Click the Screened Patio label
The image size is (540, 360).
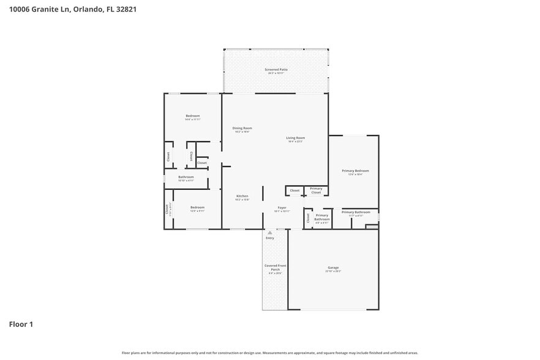(x=276, y=70)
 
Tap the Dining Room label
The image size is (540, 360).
(x=242, y=129)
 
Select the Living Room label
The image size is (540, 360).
(x=296, y=138)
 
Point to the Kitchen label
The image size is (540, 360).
(x=242, y=197)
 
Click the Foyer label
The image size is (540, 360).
(x=282, y=208)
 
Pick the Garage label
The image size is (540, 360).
(x=333, y=268)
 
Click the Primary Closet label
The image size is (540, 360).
(x=316, y=190)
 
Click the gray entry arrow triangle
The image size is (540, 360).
(x=269, y=233)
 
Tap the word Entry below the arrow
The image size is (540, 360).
(x=270, y=238)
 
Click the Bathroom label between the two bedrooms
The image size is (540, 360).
(x=186, y=178)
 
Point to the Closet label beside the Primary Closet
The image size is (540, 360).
(x=294, y=190)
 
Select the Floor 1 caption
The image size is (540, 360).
(x=21, y=324)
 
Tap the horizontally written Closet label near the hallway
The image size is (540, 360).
(x=201, y=163)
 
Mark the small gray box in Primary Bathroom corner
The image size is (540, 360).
(x=372, y=227)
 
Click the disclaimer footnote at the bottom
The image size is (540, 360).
(x=270, y=353)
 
